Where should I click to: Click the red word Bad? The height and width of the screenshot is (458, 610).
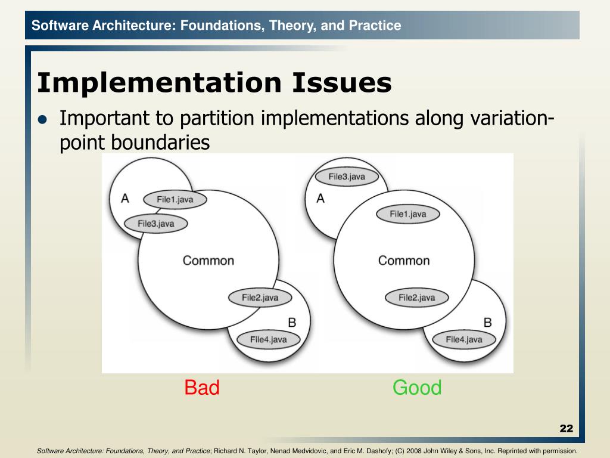coord(202,388)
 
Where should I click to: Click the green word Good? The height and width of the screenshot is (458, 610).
coord(417,388)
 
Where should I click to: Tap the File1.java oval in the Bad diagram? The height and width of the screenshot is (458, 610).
coord(175,200)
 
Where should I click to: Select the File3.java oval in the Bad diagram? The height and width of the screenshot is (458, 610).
coord(155,224)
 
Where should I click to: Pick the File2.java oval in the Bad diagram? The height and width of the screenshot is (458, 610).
coord(260,298)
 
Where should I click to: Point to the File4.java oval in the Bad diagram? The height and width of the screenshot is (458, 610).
coord(268,340)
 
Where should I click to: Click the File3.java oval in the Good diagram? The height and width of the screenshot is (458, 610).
coord(347,177)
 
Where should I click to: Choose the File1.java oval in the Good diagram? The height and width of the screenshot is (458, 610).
coord(408,214)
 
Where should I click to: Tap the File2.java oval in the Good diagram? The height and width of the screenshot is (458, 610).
coord(416,298)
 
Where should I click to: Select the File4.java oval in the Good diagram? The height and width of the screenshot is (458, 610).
coord(464,340)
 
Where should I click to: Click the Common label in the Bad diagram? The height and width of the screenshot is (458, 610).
coord(208,261)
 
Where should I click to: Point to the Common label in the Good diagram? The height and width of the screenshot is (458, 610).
coord(404,261)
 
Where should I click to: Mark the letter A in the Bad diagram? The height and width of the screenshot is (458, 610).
coord(125,199)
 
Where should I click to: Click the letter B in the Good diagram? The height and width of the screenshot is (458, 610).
coord(487,323)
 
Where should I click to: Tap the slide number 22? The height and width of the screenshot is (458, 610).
coord(566,428)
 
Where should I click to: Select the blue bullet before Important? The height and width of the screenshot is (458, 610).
coord(42,119)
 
